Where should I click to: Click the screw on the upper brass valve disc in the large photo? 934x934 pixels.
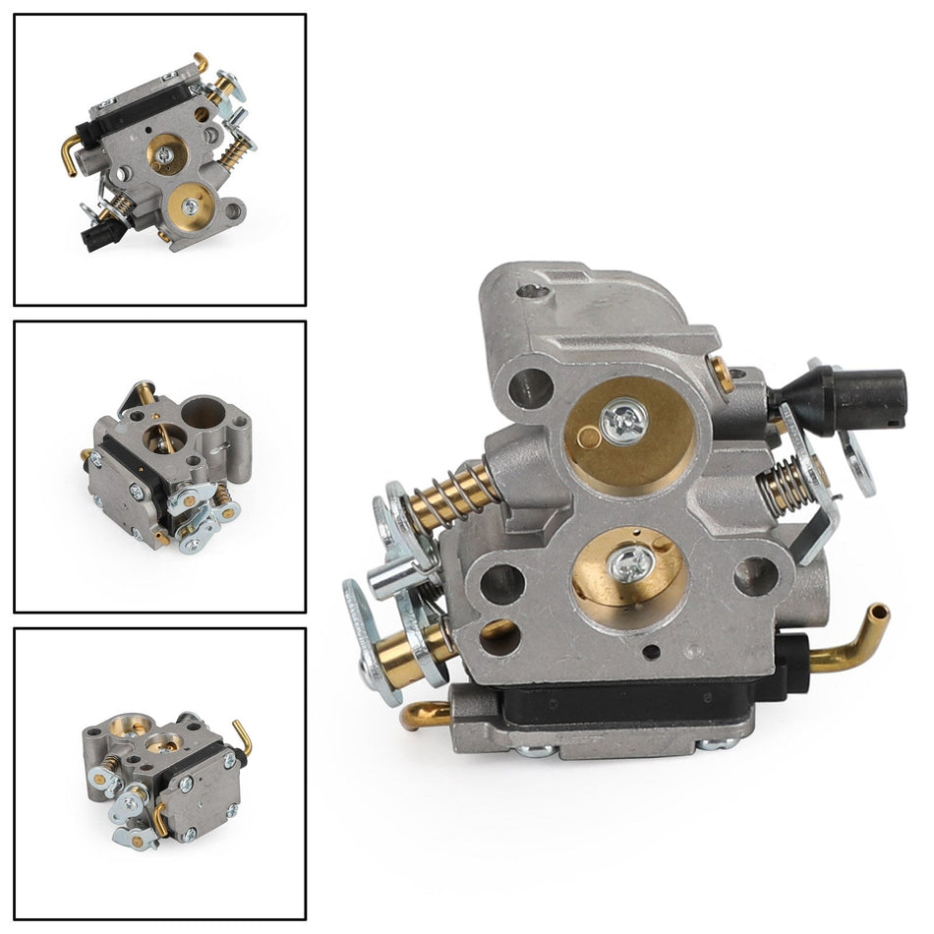tap(622, 420)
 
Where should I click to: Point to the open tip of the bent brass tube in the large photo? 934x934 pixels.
tap(881, 613)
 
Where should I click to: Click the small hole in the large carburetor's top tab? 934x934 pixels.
tap(533, 290)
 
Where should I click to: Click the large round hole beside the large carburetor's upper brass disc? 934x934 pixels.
tap(531, 389)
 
